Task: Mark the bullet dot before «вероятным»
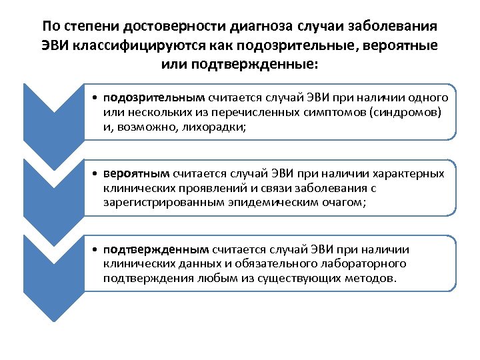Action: pyautogui.click(x=97, y=174)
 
